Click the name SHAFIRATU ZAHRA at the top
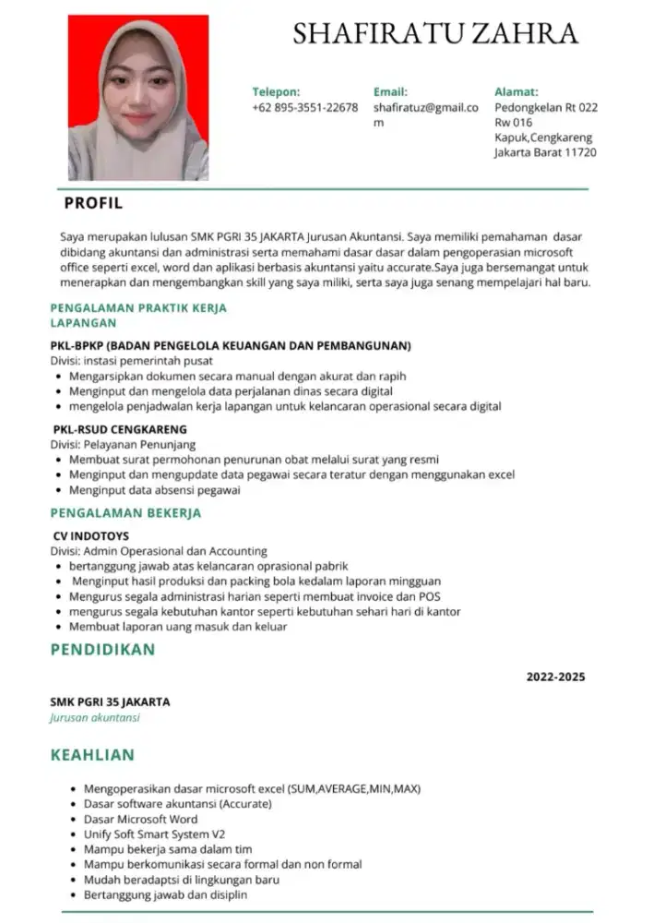coord(435,34)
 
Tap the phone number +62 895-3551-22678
coord(304,107)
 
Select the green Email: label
coord(389,92)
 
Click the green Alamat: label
coord(516,92)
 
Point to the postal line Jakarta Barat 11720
coord(545,152)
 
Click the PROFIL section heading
coord(92,203)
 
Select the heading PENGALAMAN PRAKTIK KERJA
coord(138,308)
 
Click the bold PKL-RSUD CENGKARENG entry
coord(119,429)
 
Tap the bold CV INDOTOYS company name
coord(90,535)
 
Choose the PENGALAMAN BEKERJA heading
coord(125,513)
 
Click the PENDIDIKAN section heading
coord(102,650)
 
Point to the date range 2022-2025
coord(555,677)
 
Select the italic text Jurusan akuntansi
coord(95,717)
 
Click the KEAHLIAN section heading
coord(92,755)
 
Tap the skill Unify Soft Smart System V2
coord(154,833)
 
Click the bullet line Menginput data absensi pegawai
coord(154,490)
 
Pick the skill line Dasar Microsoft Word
coord(140,819)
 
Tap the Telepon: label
coord(276,92)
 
